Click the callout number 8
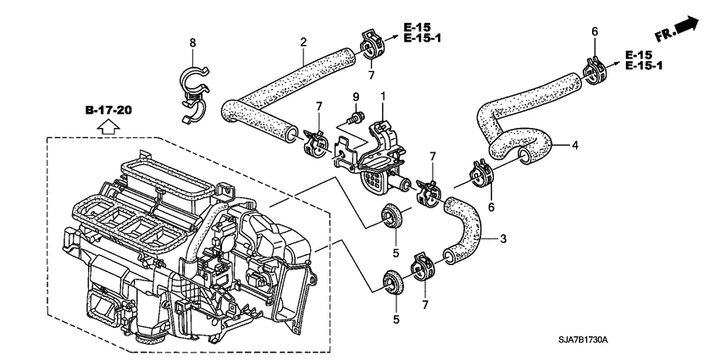click(192, 42)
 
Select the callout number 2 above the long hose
click(302, 42)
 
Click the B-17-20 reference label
click(110, 111)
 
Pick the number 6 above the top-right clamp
click(595, 31)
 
